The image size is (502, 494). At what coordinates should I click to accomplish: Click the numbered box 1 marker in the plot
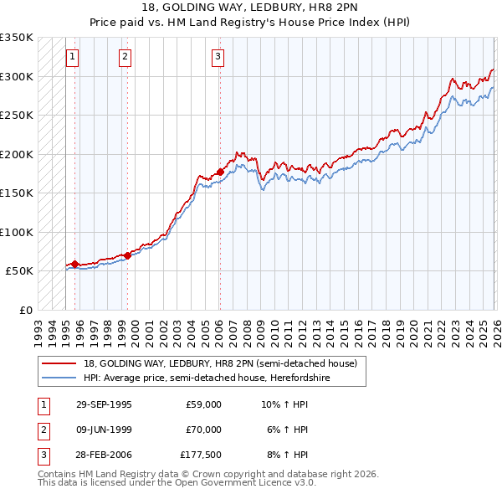coord(72,57)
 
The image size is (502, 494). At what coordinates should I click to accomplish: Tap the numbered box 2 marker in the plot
coord(125,57)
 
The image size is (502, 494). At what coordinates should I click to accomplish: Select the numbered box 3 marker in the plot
coord(218,57)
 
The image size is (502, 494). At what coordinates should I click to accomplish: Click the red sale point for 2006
coord(220,172)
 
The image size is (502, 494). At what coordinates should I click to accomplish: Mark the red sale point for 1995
coord(75,265)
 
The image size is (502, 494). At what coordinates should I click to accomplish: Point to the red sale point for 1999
coord(127,255)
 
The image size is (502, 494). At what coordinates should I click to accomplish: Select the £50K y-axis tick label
coord(19,271)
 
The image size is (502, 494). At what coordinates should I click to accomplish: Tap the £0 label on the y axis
coord(26,310)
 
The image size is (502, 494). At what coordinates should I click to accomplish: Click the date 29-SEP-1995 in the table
coord(104,404)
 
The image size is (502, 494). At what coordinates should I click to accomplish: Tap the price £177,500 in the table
coord(200,455)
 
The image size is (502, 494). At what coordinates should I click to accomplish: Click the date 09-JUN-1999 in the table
coord(104,430)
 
